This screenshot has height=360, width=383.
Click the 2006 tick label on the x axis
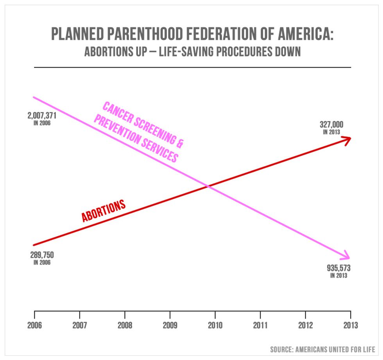coord(34,325)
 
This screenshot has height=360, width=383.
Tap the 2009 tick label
coord(170,325)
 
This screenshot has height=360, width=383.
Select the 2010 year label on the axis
coord(215,325)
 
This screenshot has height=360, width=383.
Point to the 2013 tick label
coord(351,325)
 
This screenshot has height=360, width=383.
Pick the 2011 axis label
coord(260,325)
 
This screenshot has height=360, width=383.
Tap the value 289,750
coord(42,255)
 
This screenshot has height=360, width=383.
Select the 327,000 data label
coord(331,125)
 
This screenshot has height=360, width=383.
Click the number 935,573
coord(338,268)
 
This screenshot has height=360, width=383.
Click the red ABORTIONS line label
coord(103,211)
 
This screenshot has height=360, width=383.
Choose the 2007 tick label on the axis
coord(80,325)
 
